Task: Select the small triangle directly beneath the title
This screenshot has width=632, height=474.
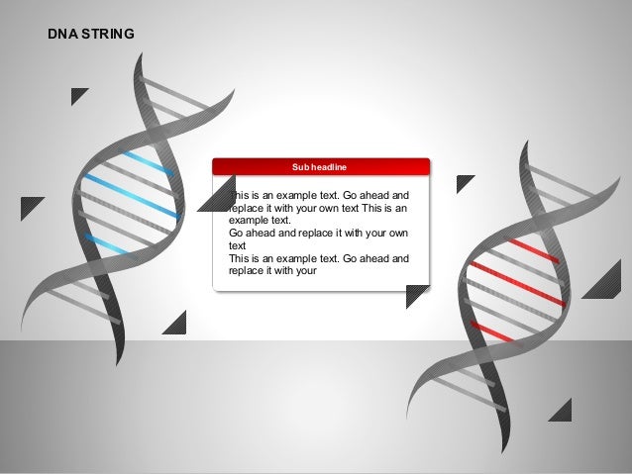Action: click(x=77, y=95)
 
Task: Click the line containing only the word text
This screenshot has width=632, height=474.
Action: click(x=237, y=246)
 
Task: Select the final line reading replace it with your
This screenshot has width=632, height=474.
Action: click(x=272, y=268)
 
